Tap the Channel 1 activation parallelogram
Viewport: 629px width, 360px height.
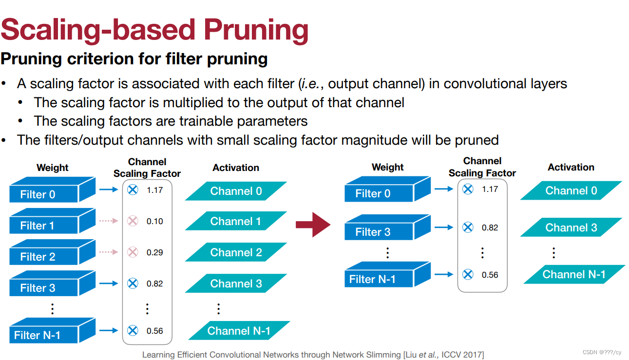click(x=236, y=222)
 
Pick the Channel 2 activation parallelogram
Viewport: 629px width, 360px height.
click(x=236, y=253)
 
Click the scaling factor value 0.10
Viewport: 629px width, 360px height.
click(x=154, y=221)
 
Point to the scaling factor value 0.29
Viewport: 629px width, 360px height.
click(x=154, y=252)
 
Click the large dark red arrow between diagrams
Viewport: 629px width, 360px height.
click(x=313, y=225)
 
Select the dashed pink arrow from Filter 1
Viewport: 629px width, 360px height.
click(x=109, y=221)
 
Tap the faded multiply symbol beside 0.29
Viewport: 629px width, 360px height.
click(x=133, y=252)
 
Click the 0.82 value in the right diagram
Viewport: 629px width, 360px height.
click(x=490, y=227)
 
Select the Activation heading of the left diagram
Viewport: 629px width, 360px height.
click(x=236, y=168)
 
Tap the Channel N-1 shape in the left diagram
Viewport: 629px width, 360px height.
click(x=239, y=331)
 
